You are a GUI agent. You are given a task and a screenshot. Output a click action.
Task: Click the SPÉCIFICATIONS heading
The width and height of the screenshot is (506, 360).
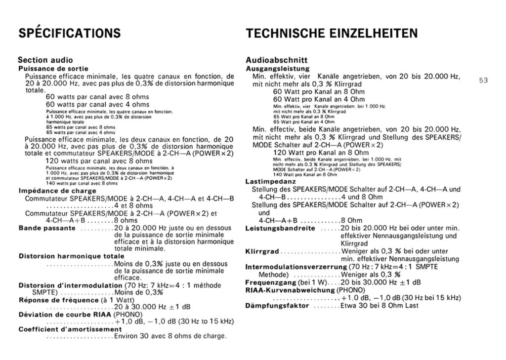point(69,34)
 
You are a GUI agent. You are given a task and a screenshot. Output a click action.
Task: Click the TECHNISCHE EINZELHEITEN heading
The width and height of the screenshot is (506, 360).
point(331,34)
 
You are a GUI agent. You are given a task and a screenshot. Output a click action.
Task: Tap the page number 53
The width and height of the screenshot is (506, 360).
point(483,80)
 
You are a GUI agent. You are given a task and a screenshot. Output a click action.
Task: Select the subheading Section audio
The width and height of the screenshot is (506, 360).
point(45,60)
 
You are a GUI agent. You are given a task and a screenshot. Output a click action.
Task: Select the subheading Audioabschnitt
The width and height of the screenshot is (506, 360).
point(277,60)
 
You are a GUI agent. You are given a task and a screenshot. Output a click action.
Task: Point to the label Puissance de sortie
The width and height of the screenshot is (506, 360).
point(53,68)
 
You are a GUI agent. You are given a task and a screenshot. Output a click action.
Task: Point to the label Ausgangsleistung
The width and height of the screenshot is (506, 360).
point(277,68)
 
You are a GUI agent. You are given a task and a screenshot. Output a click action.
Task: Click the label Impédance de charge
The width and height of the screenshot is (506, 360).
point(57,191)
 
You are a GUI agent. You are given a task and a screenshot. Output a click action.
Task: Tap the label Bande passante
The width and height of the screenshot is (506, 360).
point(47,228)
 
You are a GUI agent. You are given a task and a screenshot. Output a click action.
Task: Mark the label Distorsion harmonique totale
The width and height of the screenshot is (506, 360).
point(71,256)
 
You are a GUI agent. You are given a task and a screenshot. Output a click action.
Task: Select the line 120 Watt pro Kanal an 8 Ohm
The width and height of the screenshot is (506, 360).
point(310,153)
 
